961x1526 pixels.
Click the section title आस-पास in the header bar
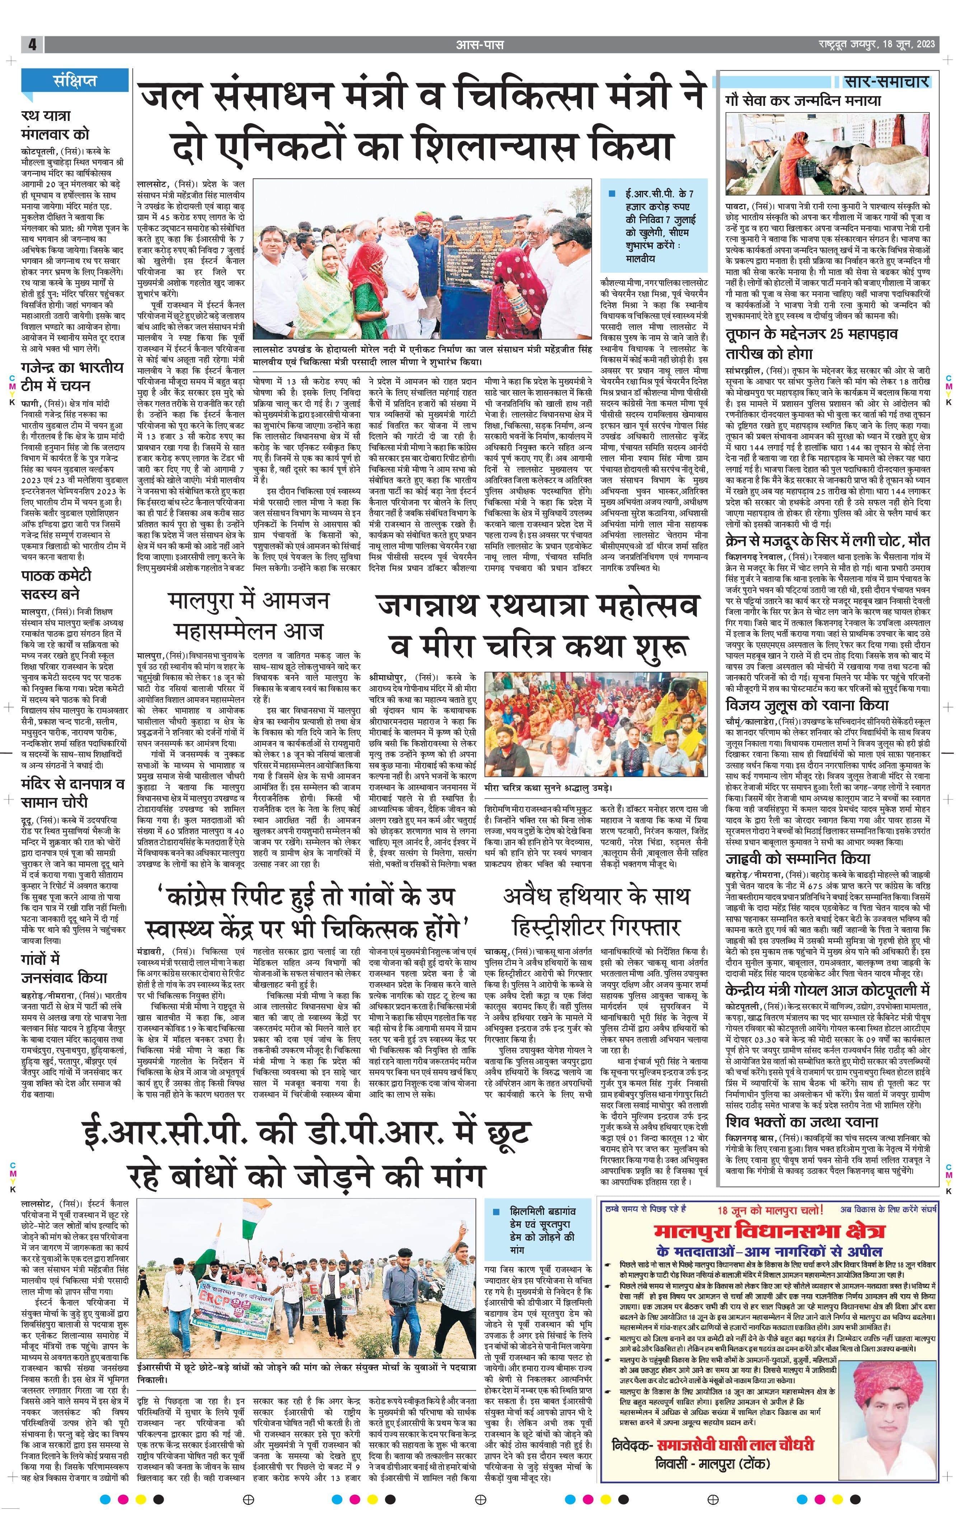(x=480, y=45)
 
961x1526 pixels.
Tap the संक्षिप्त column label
(x=75, y=80)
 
